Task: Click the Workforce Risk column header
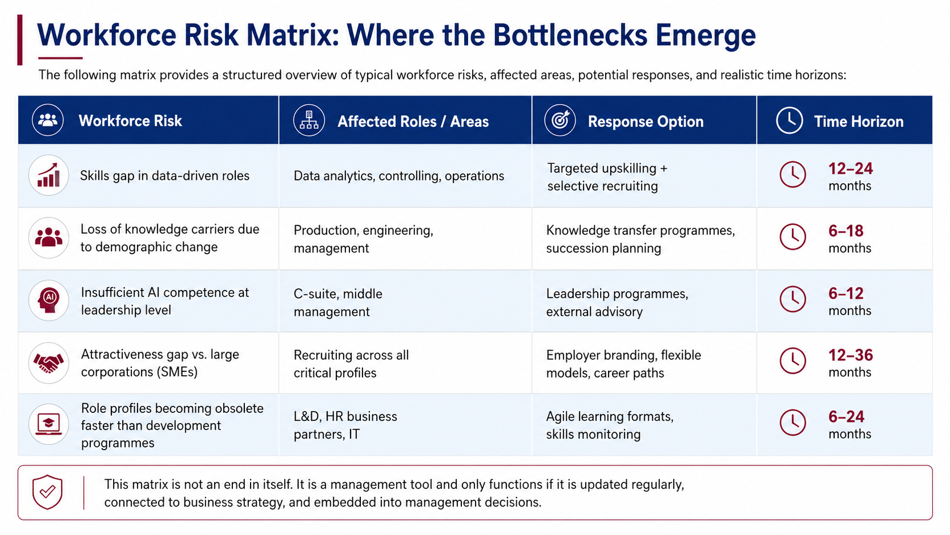click(x=130, y=121)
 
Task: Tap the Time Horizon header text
click(x=859, y=122)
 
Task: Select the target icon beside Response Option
click(x=560, y=120)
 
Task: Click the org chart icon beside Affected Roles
click(x=309, y=120)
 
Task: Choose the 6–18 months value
click(x=849, y=239)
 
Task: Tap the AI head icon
click(x=49, y=300)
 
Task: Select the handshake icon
click(x=49, y=363)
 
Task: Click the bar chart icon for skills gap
click(x=49, y=175)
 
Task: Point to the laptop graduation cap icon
click(x=49, y=424)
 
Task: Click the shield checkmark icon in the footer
click(x=48, y=492)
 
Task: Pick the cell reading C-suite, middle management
click(x=338, y=302)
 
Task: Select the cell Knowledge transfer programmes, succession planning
click(x=640, y=239)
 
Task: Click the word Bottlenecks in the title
click(x=570, y=35)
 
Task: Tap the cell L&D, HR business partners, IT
click(x=345, y=425)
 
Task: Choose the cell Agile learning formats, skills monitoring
click(x=610, y=425)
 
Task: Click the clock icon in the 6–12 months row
click(x=793, y=300)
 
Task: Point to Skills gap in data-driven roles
click(x=165, y=176)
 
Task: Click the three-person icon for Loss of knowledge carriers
click(x=49, y=238)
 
